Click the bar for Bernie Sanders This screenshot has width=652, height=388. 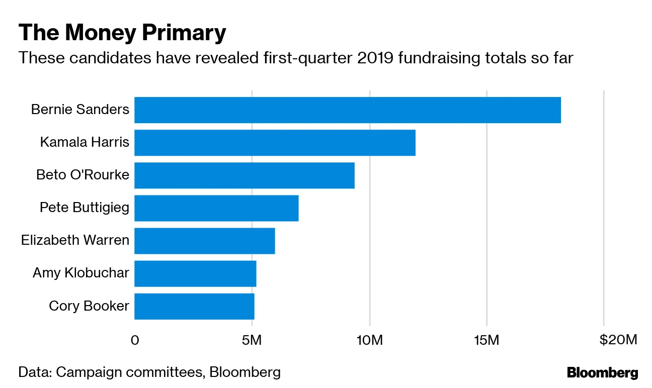(347, 110)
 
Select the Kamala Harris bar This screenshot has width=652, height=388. (275, 142)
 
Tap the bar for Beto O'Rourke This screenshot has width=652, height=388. (244, 175)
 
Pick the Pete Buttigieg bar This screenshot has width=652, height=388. (216, 208)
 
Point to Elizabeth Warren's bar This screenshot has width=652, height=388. (204, 240)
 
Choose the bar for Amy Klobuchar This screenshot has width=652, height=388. (195, 273)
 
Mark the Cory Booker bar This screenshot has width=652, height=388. (194, 306)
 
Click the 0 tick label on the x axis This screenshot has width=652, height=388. (134, 340)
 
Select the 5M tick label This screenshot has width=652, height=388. (252, 340)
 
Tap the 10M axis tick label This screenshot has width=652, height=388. (369, 340)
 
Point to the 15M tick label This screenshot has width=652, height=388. (486, 340)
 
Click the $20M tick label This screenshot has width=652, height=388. (618, 340)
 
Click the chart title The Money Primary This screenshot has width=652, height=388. (122, 33)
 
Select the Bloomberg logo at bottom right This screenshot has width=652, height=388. (602, 373)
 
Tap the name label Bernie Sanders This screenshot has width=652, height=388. (80, 109)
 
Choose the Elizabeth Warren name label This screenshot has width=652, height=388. (75, 240)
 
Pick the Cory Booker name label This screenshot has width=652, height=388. (89, 306)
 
